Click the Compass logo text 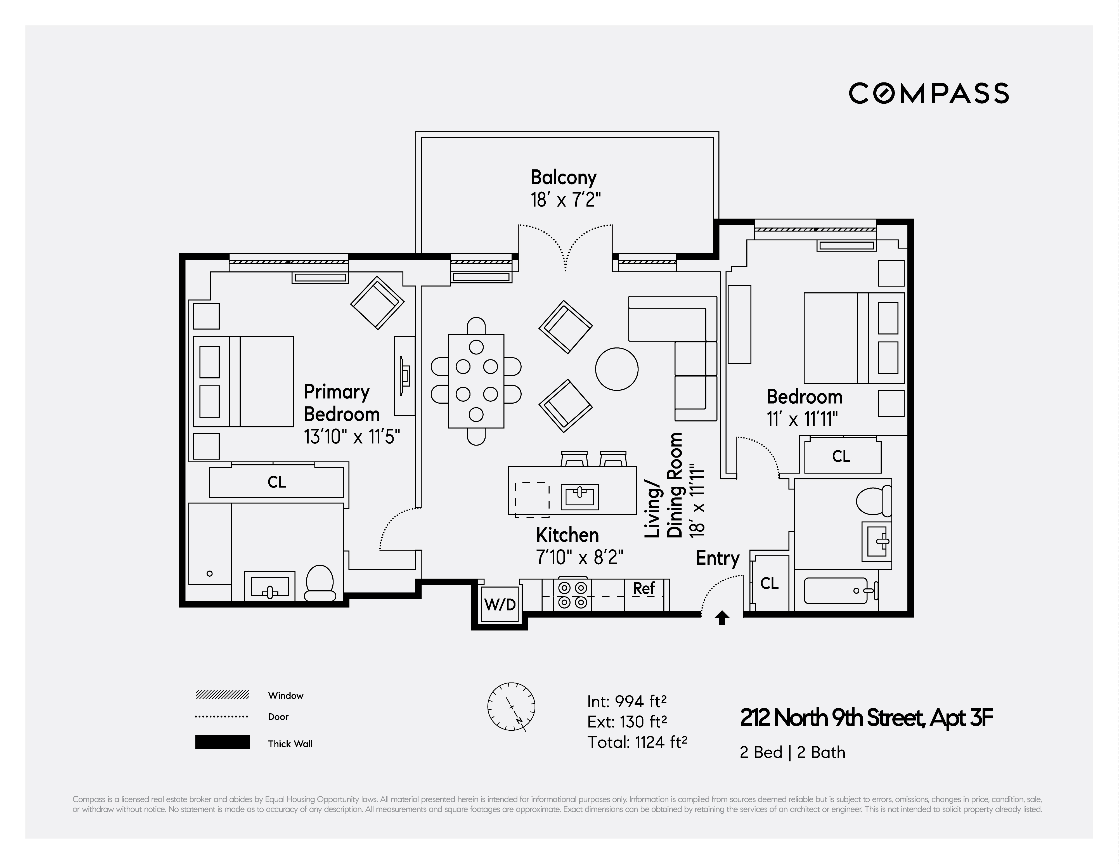(x=928, y=93)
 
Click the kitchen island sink (x=579, y=496)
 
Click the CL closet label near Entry (x=769, y=583)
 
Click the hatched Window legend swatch (x=222, y=695)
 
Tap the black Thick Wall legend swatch (x=222, y=742)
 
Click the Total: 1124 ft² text (x=637, y=742)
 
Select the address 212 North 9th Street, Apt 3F (x=866, y=718)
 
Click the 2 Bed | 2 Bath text (x=792, y=752)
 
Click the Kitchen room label (x=567, y=535)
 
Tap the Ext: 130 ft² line (x=627, y=721)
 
